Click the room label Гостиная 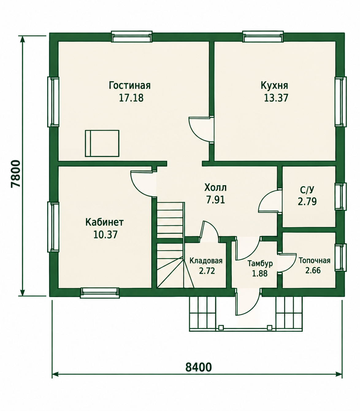(130, 85)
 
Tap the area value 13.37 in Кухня (276, 98)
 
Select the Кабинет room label (104, 222)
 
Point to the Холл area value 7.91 (216, 200)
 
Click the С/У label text (307, 190)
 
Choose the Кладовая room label (206, 261)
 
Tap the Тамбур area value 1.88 (260, 274)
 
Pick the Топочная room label (315, 261)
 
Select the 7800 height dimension (16, 174)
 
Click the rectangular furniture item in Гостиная (102, 143)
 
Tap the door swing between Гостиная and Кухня (200, 129)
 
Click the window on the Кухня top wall (263, 37)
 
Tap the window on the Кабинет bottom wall (100, 293)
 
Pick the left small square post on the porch (221, 328)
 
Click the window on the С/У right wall (341, 196)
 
